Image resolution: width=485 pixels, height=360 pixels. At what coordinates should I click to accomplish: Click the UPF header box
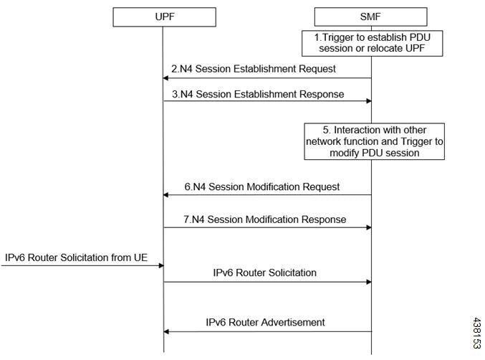click(x=164, y=17)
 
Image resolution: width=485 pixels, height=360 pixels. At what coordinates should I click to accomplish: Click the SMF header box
click(x=370, y=16)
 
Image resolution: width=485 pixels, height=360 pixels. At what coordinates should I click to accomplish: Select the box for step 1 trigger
click(x=372, y=43)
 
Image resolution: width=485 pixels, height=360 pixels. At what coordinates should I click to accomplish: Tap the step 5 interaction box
click(x=374, y=141)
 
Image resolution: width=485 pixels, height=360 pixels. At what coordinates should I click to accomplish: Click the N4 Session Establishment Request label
click(x=254, y=69)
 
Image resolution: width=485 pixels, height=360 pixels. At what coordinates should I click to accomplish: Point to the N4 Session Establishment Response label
click(x=258, y=94)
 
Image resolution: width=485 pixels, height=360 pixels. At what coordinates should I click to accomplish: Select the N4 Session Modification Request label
click(x=262, y=186)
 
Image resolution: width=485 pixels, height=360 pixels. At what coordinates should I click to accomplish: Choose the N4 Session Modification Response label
click(x=265, y=219)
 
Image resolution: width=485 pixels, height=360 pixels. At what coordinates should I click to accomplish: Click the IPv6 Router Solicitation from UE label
click(x=76, y=257)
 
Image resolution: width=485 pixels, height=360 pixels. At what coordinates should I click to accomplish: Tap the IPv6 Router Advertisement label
click(x=265, y=322)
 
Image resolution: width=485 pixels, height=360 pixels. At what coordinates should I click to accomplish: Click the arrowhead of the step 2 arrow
click(x=165, y=78)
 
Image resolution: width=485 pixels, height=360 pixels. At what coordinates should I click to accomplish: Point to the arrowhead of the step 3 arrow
click(x=369, y=101)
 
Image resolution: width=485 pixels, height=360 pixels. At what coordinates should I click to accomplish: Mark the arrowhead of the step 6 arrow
click(x=165, y=195)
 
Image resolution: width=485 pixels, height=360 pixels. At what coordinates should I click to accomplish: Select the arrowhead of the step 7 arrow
click(x=369, y=227)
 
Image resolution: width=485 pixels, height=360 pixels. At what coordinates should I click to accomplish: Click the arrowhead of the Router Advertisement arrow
click(x=166, y=331)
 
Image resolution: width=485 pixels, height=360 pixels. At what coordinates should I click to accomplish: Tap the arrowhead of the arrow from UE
click(x=161, y=265)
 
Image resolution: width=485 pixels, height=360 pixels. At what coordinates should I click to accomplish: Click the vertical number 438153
click(x=477, y=333)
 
